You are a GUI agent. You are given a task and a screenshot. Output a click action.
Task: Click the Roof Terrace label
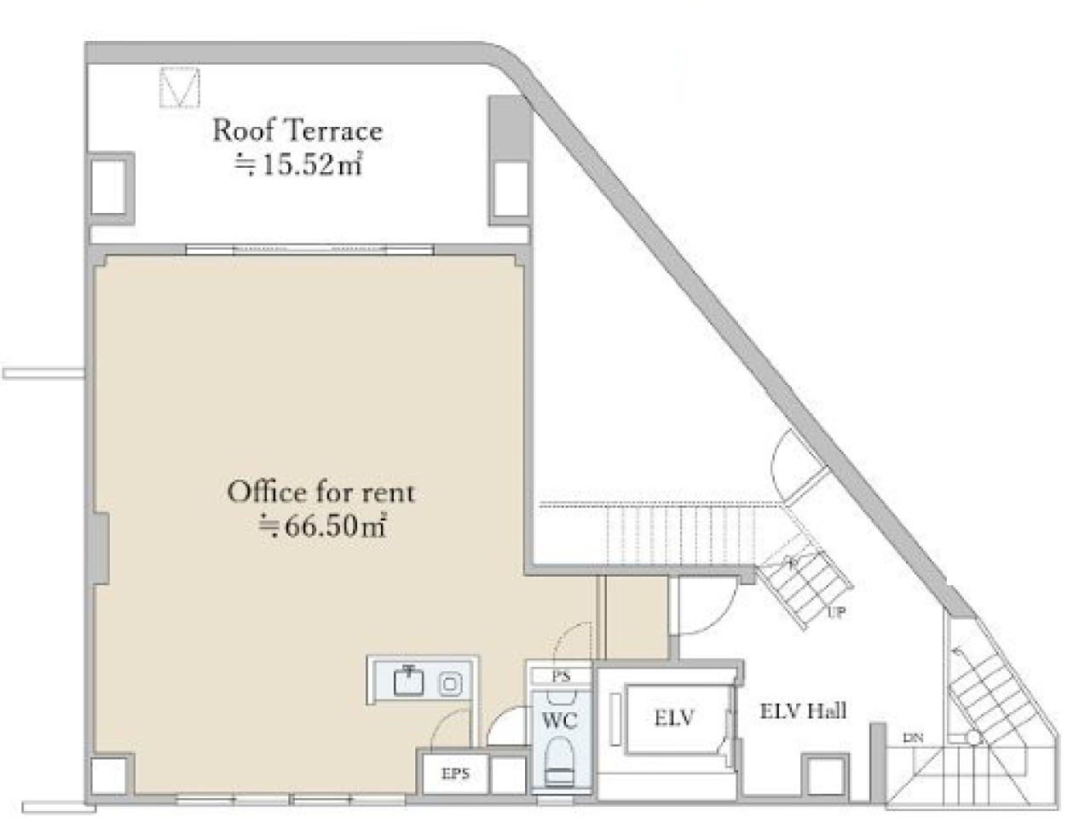297,130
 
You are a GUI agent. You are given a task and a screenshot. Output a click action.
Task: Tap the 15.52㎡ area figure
298,164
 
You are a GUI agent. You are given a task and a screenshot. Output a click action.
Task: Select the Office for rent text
321,492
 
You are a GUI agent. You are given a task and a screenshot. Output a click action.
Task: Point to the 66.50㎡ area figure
322,526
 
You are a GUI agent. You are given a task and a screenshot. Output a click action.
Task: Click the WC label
560,721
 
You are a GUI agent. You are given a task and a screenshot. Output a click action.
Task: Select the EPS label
455,773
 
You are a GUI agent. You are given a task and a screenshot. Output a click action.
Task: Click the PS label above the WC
562,676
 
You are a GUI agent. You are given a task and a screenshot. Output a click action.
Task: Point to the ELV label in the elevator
674,718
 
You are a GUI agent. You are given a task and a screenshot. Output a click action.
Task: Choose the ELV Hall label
803,711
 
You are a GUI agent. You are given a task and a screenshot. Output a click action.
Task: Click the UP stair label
837,612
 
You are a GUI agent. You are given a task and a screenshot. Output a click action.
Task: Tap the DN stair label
913,738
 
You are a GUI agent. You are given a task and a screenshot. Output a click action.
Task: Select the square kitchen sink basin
408,681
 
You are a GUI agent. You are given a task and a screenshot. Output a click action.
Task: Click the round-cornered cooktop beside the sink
450,684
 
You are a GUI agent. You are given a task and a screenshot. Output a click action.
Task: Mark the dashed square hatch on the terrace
180,87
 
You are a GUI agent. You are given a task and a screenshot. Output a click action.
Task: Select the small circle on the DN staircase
973,738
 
